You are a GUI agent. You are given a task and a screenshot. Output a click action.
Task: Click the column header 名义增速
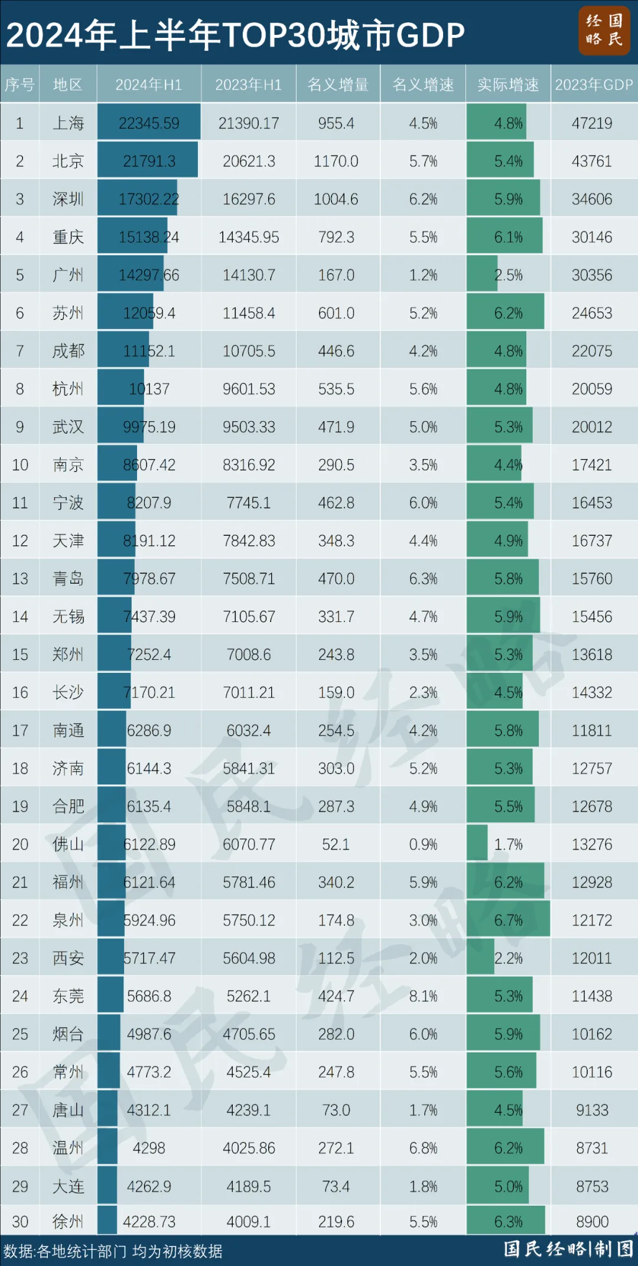423,84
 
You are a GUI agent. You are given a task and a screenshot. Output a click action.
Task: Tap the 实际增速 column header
508,84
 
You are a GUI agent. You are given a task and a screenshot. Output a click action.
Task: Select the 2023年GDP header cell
594,84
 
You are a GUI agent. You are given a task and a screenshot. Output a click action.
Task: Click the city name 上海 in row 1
68,123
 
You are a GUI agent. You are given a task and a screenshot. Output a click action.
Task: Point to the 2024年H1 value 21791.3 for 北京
149,161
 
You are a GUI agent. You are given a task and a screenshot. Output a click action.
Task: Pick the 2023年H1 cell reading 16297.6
249,199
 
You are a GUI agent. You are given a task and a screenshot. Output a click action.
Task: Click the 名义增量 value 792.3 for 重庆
336,237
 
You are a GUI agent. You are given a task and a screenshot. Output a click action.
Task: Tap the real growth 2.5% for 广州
508,275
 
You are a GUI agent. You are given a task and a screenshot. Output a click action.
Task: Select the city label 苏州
68,313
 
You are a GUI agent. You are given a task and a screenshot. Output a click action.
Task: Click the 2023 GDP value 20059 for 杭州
592,389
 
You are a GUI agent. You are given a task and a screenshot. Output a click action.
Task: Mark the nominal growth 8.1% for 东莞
423,996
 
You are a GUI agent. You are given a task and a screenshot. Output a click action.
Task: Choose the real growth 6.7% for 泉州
508,920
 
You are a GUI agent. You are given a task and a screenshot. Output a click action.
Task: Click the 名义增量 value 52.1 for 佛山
336,844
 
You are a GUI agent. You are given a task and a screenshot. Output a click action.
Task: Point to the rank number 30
20,1221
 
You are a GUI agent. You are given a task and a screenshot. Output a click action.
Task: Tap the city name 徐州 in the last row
68,1221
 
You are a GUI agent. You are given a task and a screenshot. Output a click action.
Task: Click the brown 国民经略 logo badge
604,31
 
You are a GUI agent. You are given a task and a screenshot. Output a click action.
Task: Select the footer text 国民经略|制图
568,1249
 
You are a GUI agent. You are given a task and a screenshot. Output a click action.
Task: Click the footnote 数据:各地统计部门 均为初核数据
113,1251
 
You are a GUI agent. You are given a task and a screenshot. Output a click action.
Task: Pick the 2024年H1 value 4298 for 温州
149,1148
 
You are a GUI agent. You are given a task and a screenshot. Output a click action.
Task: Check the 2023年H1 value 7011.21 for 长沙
249,692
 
